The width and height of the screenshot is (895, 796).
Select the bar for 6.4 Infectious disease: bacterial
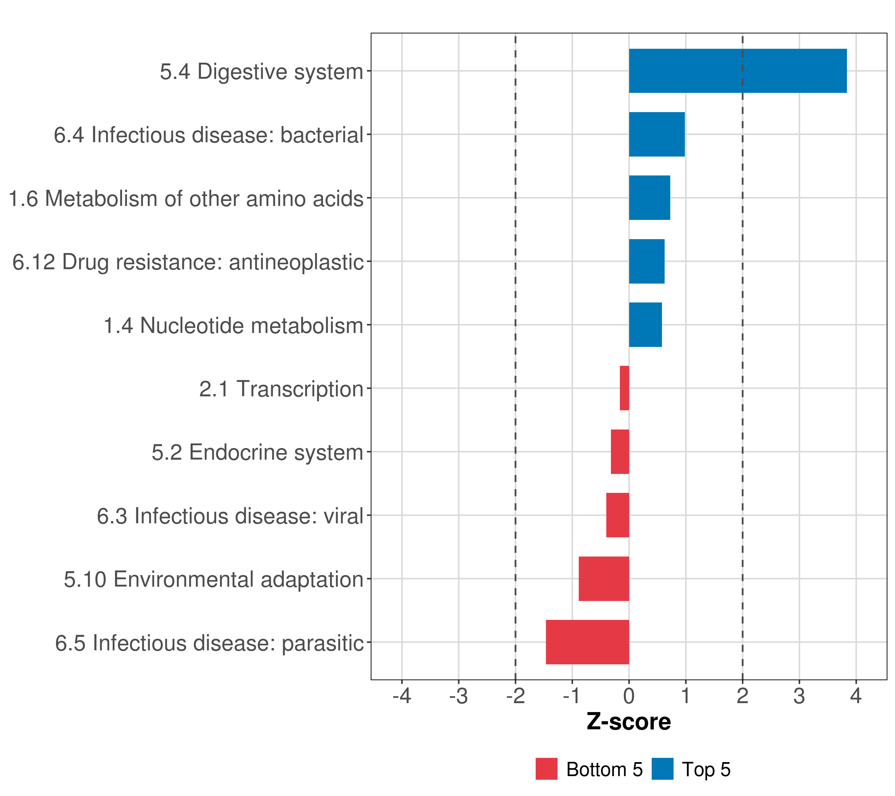pos(656,135)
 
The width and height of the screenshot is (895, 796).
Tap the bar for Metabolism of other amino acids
pos(649,198)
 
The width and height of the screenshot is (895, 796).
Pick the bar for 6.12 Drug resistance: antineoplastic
pos(646,262)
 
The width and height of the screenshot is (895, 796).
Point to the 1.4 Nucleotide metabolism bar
pos(645,325)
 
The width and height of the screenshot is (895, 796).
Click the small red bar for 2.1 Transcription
pos(625,388)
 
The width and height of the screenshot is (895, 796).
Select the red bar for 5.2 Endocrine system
pos(620,452)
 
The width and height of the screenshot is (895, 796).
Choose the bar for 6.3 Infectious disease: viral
pos(618,515)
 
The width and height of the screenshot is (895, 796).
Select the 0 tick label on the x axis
pos(629,696)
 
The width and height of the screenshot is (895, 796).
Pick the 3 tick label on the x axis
pos(799,696)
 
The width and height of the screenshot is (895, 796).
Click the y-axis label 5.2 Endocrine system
pos(258,452)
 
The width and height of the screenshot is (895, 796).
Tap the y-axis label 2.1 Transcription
pos(281,389)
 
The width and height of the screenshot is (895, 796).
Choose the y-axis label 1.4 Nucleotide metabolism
pos(233,325)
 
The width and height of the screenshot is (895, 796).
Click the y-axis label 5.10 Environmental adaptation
pos(214,579)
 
